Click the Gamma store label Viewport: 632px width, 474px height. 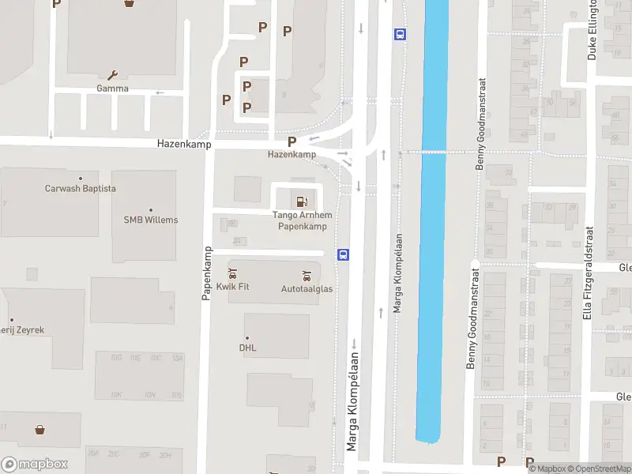(x=112, y=88)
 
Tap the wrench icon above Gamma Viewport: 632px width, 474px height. (x=112, y=76)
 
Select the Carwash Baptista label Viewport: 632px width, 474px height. (x=81, y=188)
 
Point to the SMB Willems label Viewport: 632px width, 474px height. (x=151, y=220)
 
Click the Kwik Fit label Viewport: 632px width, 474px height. (x=232, y=286)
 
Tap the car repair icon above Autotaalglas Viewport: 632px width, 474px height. (x=307, y=275)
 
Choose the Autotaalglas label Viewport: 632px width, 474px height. (x=307, y=288)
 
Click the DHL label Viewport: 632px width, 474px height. (x=248, y=347)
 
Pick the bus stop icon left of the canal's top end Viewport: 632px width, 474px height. (x=400, y=34)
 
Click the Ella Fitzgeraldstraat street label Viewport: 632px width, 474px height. (x=587, y=273)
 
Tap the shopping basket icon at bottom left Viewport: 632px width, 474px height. (x=39, y=430)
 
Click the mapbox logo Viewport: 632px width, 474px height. (x=35, y=465)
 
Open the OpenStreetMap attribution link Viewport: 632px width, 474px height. (x=598, y=468)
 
